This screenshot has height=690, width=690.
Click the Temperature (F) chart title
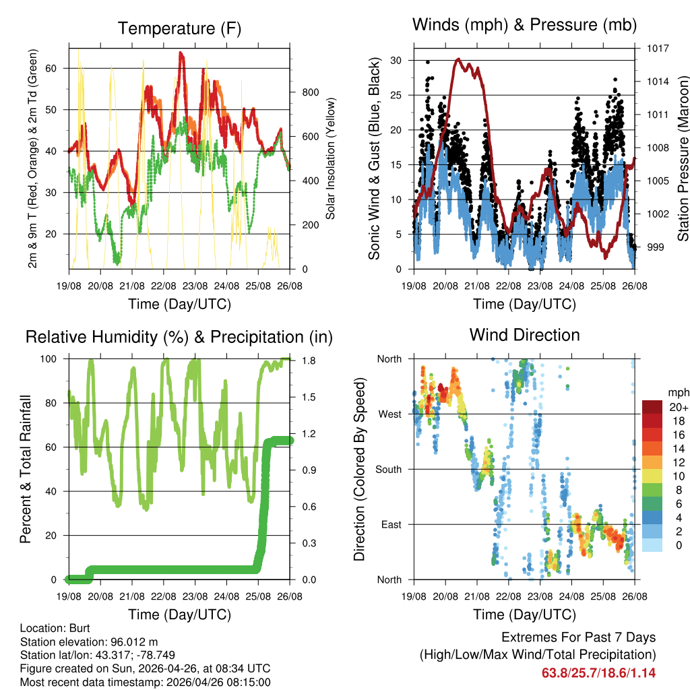click(179, 28)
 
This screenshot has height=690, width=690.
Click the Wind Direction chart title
click(524, 335)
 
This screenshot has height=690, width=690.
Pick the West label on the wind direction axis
click(389, 414)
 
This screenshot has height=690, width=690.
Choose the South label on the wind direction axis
click(388, 469)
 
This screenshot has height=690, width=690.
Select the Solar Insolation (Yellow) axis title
click(331, 158)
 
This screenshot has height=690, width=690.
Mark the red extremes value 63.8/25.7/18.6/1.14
click(598, 672)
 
